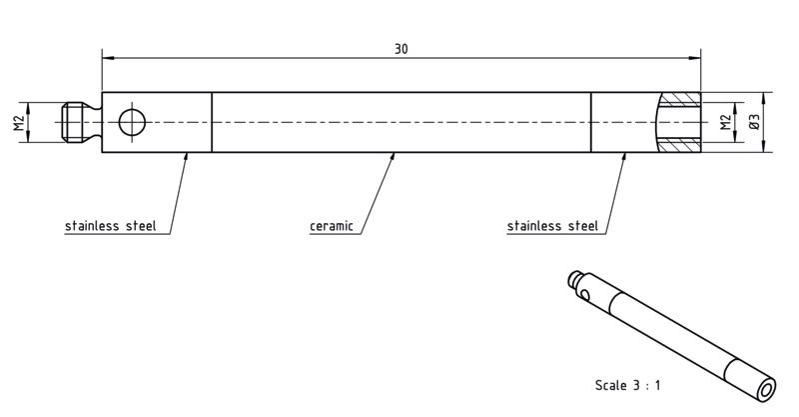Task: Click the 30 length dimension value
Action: click(x=401, y=49)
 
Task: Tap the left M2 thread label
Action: click(x=19, y=122)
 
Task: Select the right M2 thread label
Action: click(x=726, y=122)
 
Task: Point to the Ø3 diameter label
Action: click(x=754, y=122)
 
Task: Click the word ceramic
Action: click(x=332, y=226)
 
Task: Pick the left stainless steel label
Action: click(x=110, y=226)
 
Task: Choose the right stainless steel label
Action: click(x=552, y=226)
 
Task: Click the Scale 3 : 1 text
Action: click(x=628, y=385)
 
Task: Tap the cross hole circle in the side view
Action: click(x=132, y=122)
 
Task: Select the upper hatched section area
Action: click(x=680, y=100)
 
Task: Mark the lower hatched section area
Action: click(x=680, y=145)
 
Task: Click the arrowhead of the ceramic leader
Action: click(x=393, y=156)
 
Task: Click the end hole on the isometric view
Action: click(x=766, y=391)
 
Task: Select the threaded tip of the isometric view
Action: click(x=575, y=277)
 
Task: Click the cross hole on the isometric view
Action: click(x=585, y=295)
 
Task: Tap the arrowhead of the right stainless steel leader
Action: click(x=623, y=156)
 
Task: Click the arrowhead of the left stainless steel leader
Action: click(x=186, y=156)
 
